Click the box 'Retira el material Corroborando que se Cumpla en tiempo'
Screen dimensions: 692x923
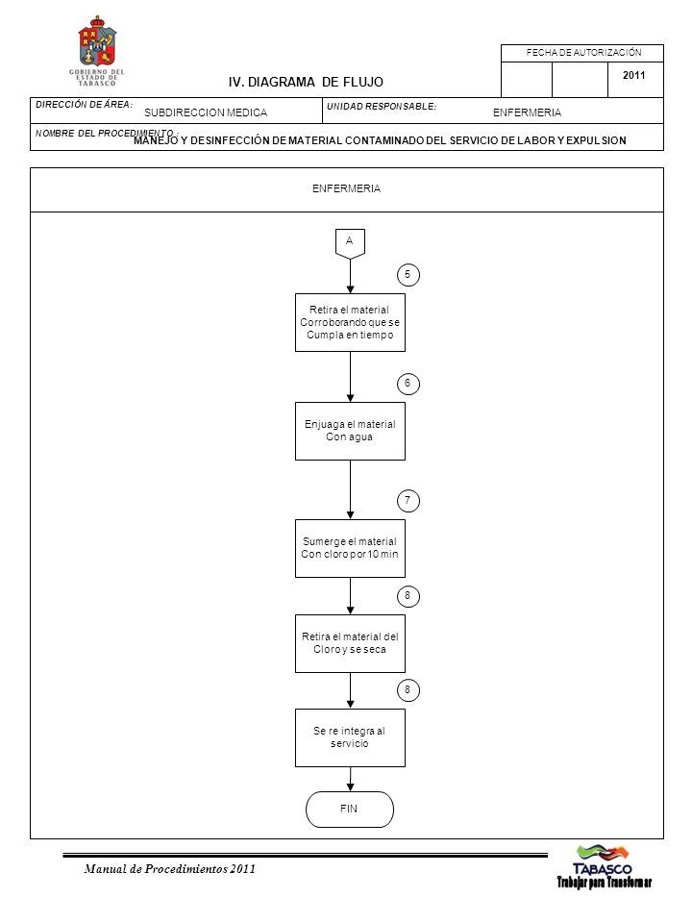click(350, 323)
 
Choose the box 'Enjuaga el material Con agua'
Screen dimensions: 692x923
click(350, 431)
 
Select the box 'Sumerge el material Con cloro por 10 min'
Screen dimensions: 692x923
click(350, 548)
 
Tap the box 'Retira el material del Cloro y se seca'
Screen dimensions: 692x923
click(350, 643)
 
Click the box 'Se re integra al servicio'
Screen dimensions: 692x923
click(350, 737)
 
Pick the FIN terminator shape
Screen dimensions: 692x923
click(350, 810)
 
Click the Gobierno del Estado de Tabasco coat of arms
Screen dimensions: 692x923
click(97, 42)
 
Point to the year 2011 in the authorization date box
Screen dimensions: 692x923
click(633, 75)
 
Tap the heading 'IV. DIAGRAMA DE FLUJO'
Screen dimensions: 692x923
click(306, 83)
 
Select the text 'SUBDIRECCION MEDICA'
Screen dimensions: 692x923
click(206, 112)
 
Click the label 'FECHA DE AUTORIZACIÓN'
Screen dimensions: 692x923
click(583, 52)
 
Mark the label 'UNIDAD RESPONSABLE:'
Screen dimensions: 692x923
click(382, 107)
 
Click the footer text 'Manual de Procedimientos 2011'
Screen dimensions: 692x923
click(169, 869)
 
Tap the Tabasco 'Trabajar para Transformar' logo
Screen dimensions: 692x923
click(604, 866)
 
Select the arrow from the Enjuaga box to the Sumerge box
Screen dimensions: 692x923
click(350, 489)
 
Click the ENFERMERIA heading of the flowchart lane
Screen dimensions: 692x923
click(347, 189)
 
